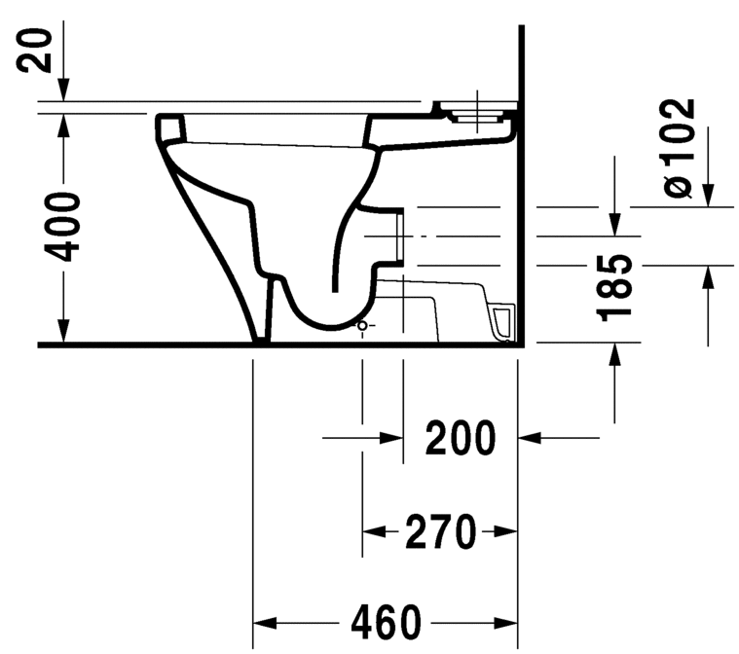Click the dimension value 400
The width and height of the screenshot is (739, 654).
tap(64, 227)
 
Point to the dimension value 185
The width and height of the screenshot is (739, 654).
tap(615, 288)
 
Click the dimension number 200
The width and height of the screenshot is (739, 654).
tap(461, 439)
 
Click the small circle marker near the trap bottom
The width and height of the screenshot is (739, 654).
tap(363, 324)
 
